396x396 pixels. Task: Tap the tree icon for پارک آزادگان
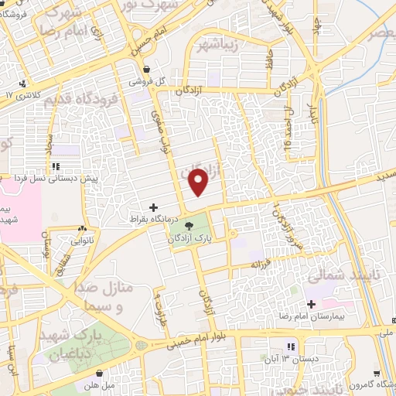[190, 224]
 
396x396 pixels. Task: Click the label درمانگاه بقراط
[154, 220]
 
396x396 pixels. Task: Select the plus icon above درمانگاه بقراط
[153, 207]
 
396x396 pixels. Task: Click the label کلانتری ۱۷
[21, 94]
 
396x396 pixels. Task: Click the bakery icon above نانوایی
[83, 229]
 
